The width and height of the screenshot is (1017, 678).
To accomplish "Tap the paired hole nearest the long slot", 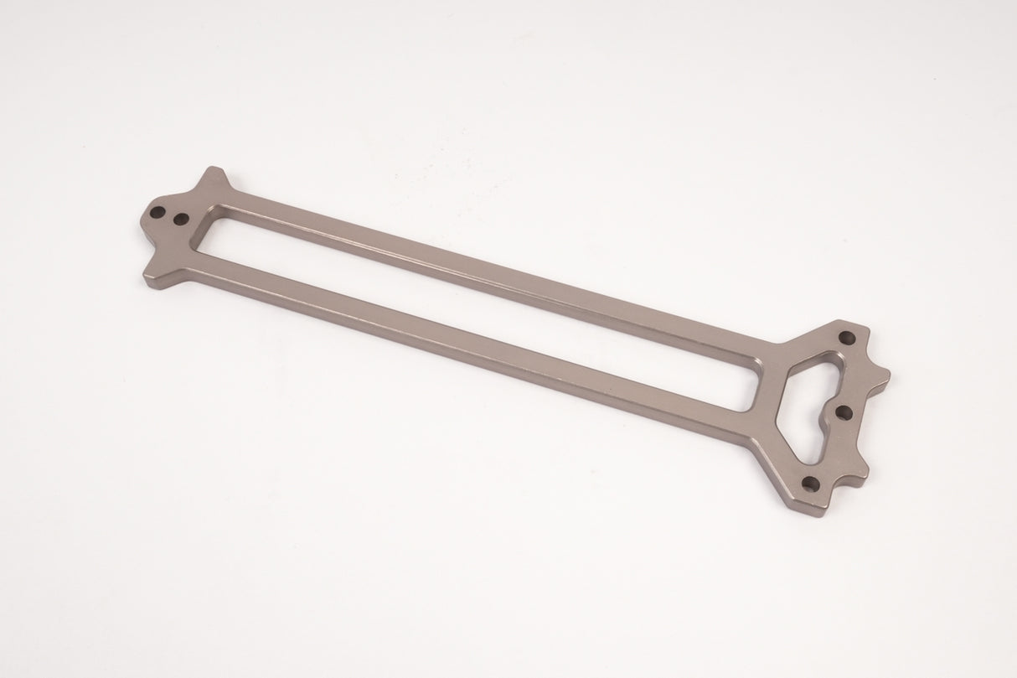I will click(179, 220).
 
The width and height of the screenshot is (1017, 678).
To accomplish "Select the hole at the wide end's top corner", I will click(847, 337).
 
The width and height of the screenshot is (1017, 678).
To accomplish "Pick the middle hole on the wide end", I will click(844, 411).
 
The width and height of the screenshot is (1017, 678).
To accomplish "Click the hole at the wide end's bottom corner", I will click(810, 483).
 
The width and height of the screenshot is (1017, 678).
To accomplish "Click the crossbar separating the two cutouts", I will click(769, 391).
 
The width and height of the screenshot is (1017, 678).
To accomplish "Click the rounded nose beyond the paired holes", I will click(144, 220).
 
